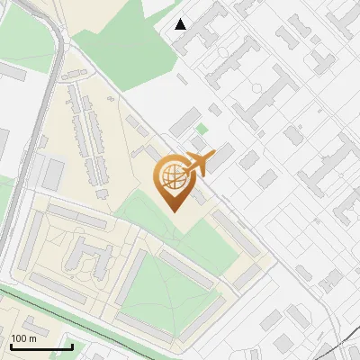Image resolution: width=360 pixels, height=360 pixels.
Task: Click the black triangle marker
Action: point(181,23)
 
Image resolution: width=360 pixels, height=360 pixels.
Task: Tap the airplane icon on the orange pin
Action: point(196,163)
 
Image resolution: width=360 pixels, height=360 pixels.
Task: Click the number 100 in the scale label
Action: point(19,338)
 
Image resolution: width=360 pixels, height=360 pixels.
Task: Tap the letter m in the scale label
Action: point(32,338)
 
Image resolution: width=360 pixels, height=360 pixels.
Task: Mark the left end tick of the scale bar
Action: point(11,346)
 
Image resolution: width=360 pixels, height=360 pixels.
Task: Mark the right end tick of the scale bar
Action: point(72,346)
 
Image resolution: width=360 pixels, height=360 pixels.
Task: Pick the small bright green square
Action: point(202,130)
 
